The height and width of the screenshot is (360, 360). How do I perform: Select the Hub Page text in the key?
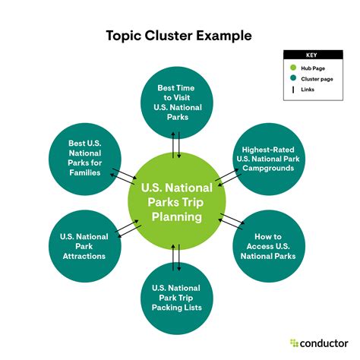pos(312,67)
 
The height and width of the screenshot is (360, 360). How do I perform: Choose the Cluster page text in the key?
pos(316,77)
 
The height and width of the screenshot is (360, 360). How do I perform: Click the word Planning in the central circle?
pos(176,216)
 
